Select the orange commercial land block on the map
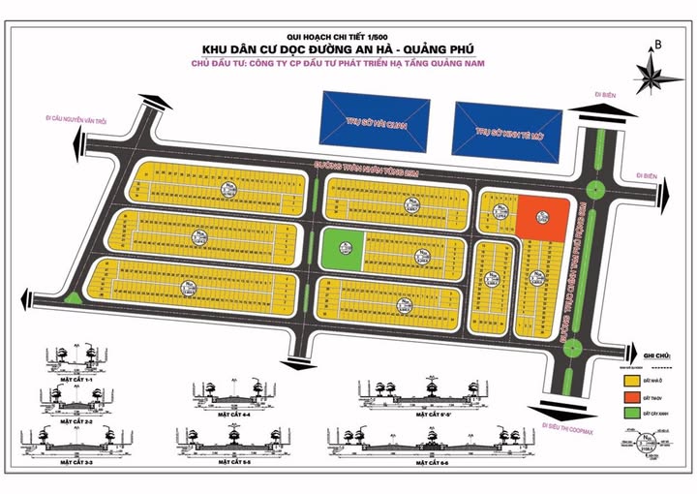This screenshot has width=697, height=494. [x=541, y=217]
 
